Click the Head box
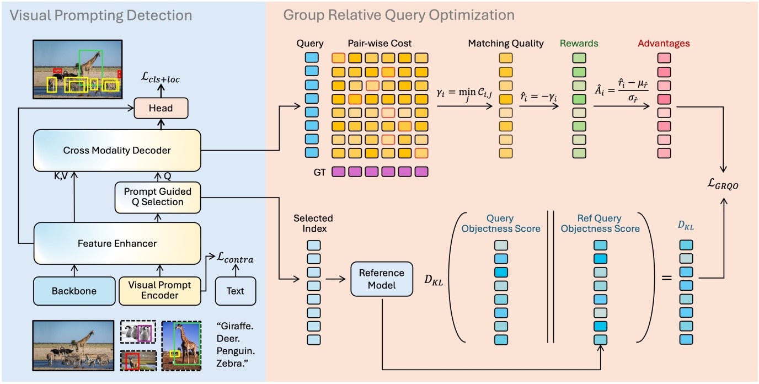(161, 108)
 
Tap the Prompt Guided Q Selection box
(157, 197)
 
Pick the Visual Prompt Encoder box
(161, 291)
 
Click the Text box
(235, 291)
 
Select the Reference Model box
(381, 278)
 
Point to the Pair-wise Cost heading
(379, 43)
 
